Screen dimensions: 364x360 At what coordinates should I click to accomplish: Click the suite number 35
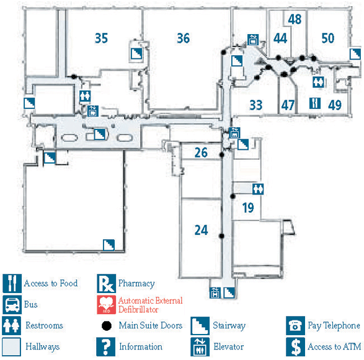point(101,38)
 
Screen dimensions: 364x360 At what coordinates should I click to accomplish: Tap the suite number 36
point(183,38)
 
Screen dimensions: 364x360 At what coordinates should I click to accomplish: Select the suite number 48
point(295,19)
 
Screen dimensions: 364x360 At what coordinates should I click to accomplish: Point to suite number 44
point(280,38)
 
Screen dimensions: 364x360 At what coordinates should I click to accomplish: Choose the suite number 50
point(328,38)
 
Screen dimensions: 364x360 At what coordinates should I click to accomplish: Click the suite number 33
point(256,105)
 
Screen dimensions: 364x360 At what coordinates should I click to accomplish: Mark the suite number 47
point(288,105)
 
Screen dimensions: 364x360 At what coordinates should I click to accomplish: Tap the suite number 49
point(335,105)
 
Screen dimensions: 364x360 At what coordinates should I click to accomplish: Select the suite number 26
point(201,152)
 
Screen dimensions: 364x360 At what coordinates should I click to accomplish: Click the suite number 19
point(248,208)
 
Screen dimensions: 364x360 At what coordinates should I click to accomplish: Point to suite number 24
point(201,230)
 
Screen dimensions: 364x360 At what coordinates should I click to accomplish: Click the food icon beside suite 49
point(315,103)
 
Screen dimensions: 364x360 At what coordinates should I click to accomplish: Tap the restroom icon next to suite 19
point(258,189)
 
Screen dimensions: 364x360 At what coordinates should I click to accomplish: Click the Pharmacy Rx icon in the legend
point(106,283)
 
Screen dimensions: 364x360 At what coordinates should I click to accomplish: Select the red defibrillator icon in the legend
point(106,305)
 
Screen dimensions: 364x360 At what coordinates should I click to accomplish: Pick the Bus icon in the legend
point(12,305)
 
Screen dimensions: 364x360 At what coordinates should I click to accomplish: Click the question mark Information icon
point(106,347)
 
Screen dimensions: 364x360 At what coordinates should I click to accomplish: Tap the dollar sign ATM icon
point(296,347)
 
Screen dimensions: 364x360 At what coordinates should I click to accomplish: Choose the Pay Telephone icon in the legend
point(296,326)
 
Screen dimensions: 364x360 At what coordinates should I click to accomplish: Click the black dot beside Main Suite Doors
point(106,326)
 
